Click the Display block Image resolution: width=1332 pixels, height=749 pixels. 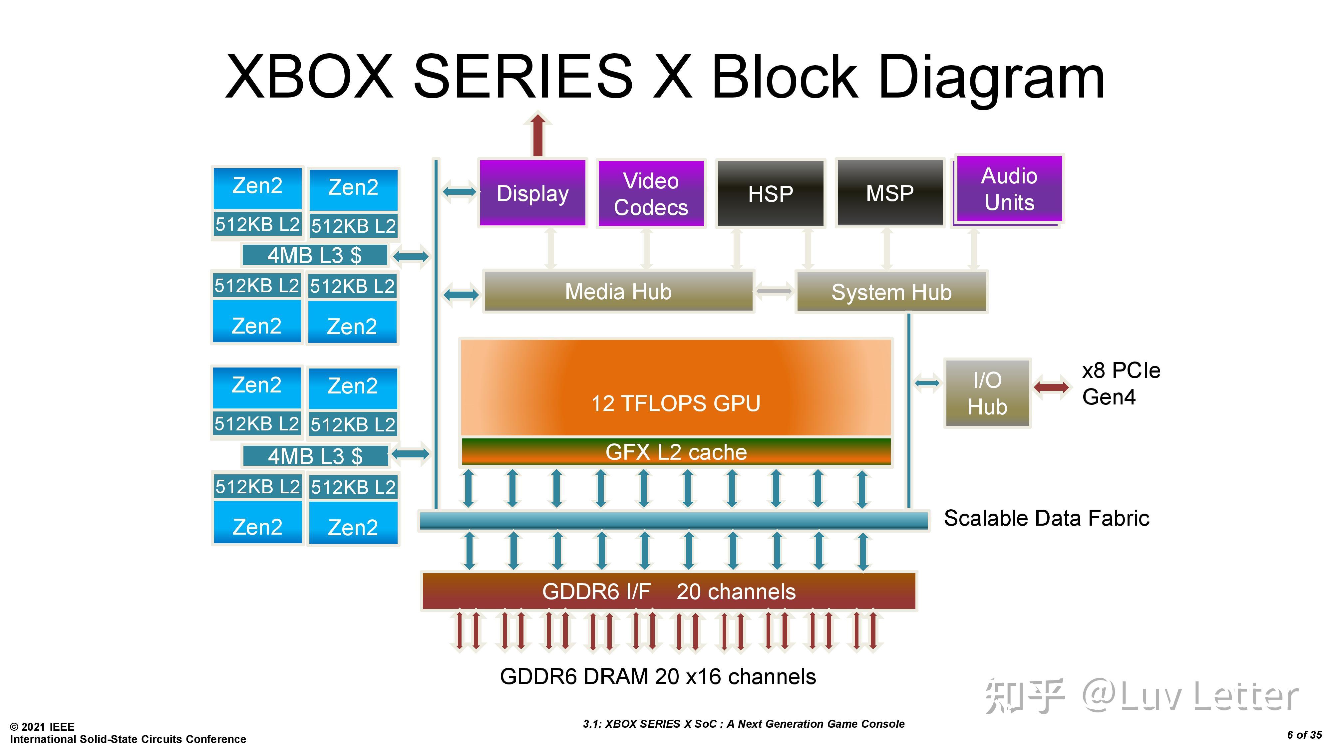532,193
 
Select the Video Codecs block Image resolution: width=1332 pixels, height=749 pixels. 650,194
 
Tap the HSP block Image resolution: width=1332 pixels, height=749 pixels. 770,194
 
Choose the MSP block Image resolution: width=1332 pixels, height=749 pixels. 889,193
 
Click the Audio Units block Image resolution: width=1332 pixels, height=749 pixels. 1009,189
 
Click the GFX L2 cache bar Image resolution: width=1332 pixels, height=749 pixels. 676,452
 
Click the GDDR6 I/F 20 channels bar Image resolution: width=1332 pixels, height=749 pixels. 669,591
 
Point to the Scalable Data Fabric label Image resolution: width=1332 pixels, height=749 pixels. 1046,518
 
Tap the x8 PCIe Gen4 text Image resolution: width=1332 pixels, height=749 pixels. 1121,383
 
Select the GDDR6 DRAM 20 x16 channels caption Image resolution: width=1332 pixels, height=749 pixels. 658,676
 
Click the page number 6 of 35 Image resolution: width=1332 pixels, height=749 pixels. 1304,735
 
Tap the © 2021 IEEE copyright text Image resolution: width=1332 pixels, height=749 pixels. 42,726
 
